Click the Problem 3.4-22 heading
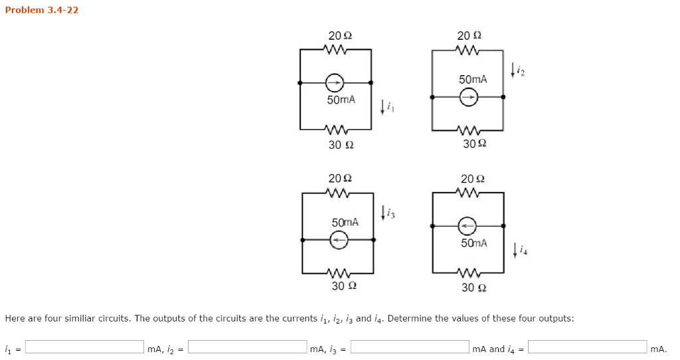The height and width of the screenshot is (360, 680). [x=42, y=10]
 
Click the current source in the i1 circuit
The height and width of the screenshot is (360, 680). [x=335, y=83]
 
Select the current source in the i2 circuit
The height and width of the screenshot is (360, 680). [x=468, y=97]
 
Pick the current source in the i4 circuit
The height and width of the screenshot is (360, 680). [x=467, y=226]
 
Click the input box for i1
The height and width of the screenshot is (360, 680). [x=84, y=347]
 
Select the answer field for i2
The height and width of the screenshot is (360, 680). [x=248, y=347]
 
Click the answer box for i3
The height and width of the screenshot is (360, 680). [x=410, y=347]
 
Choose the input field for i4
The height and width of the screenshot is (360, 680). [x=587, y=347]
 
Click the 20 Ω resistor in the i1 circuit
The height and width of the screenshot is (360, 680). [x=335, y=49]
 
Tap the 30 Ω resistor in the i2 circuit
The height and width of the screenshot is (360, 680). [x=468, y=129]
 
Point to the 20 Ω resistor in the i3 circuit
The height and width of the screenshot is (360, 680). [x=338, y=193]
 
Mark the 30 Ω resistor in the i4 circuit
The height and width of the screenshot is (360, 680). [x=468, y=272]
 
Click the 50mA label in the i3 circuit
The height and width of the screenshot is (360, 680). [x=345, y=222]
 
